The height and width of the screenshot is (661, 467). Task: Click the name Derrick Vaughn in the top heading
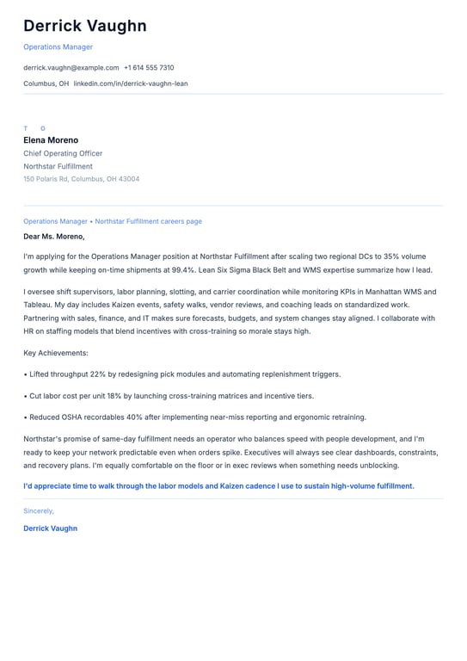(x=85, y=26)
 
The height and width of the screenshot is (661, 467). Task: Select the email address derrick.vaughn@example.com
(x=71, y=67)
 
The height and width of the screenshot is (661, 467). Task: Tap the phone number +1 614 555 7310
(x=149, y=67)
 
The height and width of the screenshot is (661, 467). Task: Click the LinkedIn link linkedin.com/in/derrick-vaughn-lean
(x=131, y=83)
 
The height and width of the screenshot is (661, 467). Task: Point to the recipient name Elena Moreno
(x=51, y=140)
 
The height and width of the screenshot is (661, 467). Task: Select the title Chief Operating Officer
(x=63, y=153)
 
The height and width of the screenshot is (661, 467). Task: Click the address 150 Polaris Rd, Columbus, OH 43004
(x=81, y=179)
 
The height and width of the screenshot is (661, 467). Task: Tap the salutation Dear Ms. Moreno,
(x=54, y=237)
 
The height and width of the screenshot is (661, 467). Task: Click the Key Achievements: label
(x=56, y=353)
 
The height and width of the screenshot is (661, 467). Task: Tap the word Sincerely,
(x=39, y=510)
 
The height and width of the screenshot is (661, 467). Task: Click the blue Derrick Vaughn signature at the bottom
(x=50, y=528)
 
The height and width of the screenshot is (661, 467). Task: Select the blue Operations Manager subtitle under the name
(x=58, y=46)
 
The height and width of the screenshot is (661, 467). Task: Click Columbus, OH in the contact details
(x=46, y=83)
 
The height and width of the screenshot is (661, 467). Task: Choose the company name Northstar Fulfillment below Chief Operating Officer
(x=58, y=166)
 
